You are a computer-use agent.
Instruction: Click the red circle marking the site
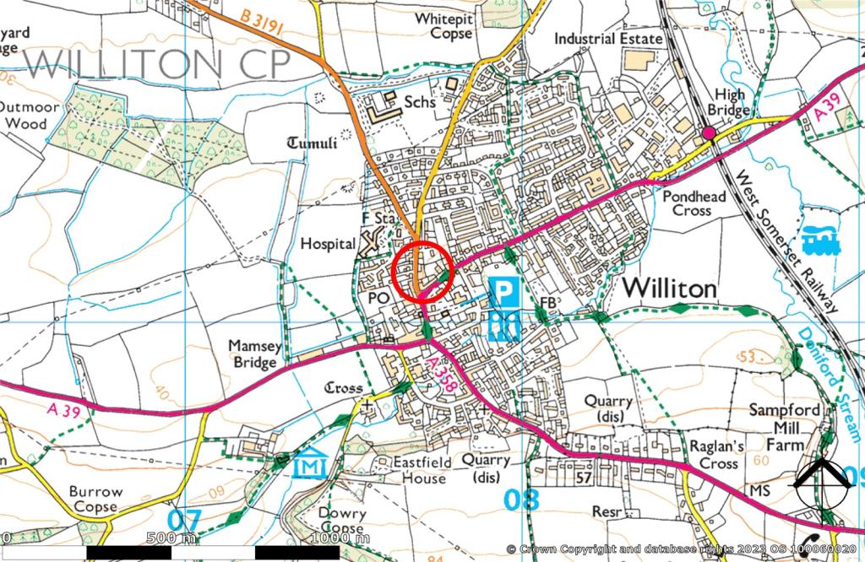click(424, 271)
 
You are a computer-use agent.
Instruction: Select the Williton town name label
click(669, 289)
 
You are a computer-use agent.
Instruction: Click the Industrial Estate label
click(609, 38)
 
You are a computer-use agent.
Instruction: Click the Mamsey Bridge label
click(253, 354)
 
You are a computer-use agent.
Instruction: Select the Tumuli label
click(313, 143)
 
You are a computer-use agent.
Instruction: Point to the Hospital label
click(328, 244)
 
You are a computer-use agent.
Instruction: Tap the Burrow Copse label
click(95, 499)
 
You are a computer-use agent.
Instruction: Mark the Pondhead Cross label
click(694, 203)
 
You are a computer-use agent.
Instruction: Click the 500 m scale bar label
click(171, 538)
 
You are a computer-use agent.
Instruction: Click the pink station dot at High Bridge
click(710, 133)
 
